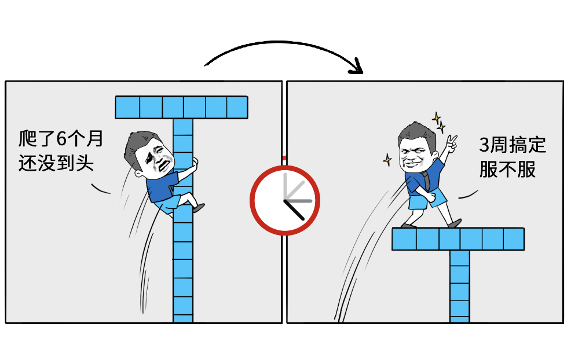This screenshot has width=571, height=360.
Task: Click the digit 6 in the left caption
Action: pyautogui.click(x=61, y=139)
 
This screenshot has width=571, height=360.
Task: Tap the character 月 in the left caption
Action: pyautogui.click(x=94, y=139)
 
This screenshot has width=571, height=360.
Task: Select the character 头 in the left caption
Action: pyautogui.click(x=85, y=163)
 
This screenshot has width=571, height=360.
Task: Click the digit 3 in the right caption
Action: pyautogui.click(x=484, y=145)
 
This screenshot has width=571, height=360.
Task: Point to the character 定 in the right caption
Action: pyautogui.click(x=537, y=145)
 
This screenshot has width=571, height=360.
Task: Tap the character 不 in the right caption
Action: pyautogui.click(x=507, y=169)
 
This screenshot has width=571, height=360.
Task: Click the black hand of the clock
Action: pyautogui.click(x=294, y=210)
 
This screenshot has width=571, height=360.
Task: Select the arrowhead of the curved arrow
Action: pyautogui.click(x=357, y=67)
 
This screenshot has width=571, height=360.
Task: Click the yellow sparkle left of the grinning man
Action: pyautogui.click(x=387, y=159)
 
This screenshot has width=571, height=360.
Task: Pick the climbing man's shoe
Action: pyautogui.click(x=199, y=208)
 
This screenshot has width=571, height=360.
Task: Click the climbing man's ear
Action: pyautogui.click(x=138, y=174)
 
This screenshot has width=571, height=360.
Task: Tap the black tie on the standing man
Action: pyautogui.click(x=426, y=181)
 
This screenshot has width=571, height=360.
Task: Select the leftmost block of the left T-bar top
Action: pyautogui.click(x=127, y=108)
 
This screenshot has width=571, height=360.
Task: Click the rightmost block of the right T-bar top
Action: pyautogui.click(x=514, y=239)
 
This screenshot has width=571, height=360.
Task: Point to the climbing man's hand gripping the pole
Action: pyautogui.click(x=195, y=162)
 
